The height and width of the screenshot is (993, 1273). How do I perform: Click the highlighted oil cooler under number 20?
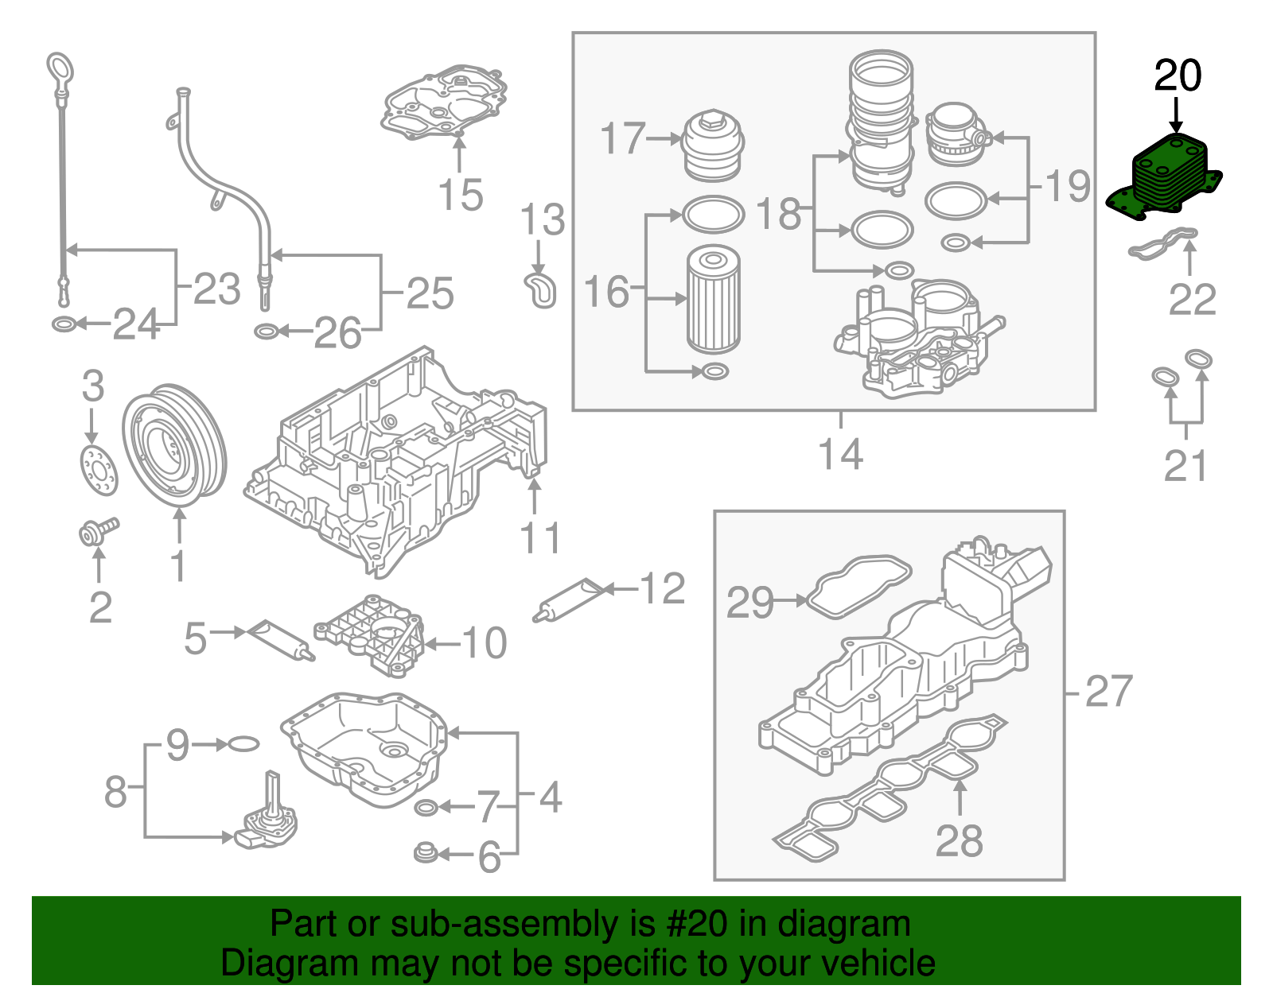coord(1165,179)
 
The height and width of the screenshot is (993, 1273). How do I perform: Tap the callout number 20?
coord(1178,76)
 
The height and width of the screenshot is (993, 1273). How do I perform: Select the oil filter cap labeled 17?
coord(713,148)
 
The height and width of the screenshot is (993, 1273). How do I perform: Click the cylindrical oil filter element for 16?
coord(714,300)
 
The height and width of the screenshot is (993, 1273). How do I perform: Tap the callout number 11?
coord(540,539)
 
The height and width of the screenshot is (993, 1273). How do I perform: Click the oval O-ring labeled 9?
coord(243,744)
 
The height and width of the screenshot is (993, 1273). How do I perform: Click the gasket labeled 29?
coord(859,585)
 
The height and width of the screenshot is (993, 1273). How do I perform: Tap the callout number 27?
coord(1108,692)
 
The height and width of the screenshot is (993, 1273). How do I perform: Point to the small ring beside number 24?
coord(63,324)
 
